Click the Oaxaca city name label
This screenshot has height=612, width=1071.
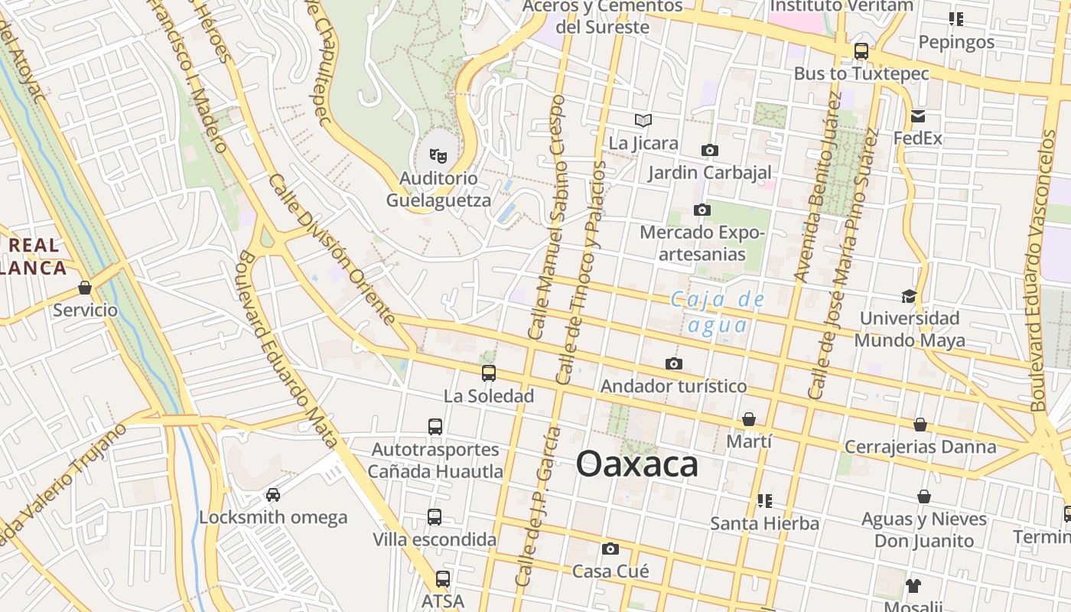pyautogui.click(x=636, y=464)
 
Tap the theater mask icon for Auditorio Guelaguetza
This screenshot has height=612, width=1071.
pyautogui.click(x=438, y=156)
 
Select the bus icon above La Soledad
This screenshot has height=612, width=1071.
pyautogui.click(x=488, y=373)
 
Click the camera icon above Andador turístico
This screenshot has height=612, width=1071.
pyautogui.click(x=673, y=363)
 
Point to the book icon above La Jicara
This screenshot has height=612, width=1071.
pyautogui.click(x=643, y=120)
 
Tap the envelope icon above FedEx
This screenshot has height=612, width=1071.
pyautogui.click(x=917, y=116)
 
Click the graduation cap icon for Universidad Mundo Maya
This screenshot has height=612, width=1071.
pyautogui.click(x=909, y=296)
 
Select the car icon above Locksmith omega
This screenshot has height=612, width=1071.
pyautogui.click(x=273, y=494)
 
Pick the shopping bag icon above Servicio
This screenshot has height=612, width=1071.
pyautogui.click(x=85, y=288)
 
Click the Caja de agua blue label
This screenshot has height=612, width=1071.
pyautogui.click(x=717, y=312)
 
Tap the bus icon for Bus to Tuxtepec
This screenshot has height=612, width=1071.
pyautogui.click(x=861, y=51)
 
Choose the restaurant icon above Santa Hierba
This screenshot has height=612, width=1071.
pyautogui.click(x=763, y=501)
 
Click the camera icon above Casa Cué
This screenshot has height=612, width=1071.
pyautogui.click(x=610, y=549)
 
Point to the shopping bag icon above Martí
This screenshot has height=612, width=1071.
pyautogui.click(x=749, y=419)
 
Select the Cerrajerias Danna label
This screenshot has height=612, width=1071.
pyautogui.click(x=920, y=447)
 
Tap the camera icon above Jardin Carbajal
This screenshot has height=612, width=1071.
pyautogui.click(x=709, y=150)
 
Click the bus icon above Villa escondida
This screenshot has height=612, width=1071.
pyautogui.click(x=435, y=517)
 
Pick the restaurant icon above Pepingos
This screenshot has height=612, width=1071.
pyautogui.click(x=955, y=19)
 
